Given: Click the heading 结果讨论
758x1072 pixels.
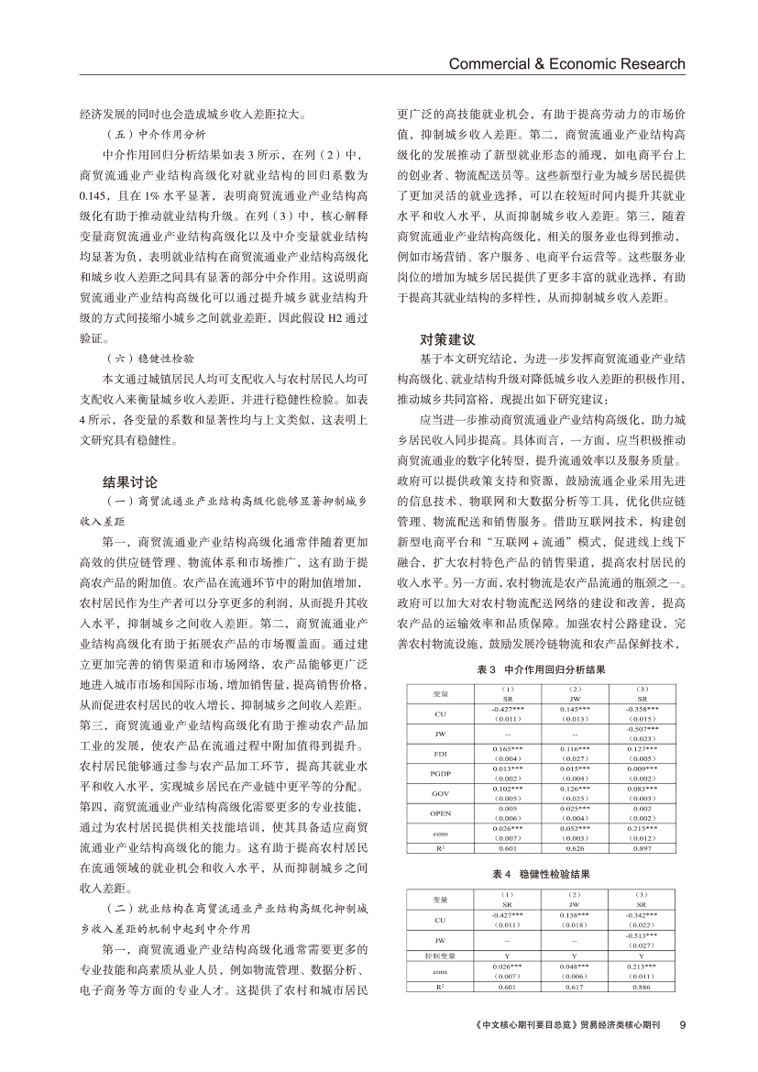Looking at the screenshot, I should click(x=130, y=481).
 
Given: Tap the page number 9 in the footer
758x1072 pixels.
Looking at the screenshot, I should click(x=682, y=1024).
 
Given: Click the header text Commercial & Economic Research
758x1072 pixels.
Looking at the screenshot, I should click(x=566, y=63).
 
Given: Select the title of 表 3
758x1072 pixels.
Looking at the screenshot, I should click(x=542, y=670).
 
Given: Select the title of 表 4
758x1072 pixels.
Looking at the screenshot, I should click(x=542, y=876).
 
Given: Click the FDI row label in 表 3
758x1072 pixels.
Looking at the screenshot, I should click(x=440, y=754).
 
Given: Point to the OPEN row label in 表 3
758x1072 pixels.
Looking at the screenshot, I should click(x=440, y=812).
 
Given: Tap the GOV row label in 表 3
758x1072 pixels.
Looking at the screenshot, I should click(x=440, y=792).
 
